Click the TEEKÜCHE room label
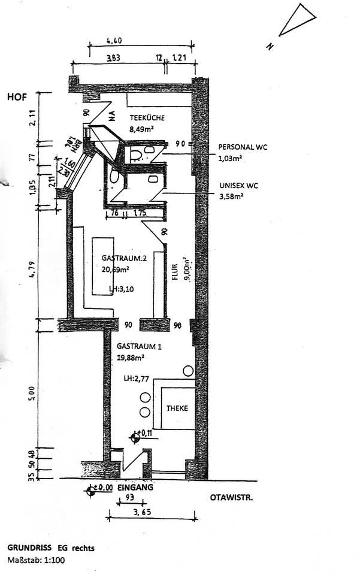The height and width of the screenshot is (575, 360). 147,118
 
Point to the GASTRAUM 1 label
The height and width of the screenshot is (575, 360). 140,347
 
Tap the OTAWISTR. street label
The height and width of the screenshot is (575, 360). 229,497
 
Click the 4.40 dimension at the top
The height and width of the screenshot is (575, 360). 114,41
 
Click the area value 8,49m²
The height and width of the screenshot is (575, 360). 144,129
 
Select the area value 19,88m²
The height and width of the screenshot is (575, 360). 131,358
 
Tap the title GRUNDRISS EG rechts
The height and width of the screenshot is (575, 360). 51,547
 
